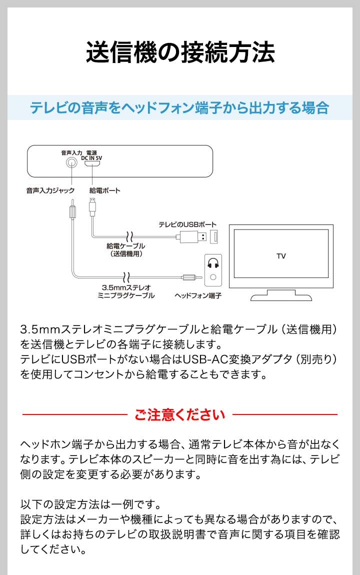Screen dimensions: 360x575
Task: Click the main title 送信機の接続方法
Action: [180, 52]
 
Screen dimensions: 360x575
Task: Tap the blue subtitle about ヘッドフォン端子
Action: [179, 108]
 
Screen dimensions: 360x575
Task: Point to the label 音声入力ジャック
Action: [50, 190]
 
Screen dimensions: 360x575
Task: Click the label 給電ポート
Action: [104, 190]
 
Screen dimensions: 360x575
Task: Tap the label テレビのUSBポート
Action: [187, 224]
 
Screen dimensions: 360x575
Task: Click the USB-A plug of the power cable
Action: [193, 237]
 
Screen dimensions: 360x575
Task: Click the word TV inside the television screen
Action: [281, 256]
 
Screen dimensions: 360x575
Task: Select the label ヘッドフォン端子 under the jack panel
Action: [198, 295]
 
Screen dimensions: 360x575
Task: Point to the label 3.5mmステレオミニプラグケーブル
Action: [126, 291]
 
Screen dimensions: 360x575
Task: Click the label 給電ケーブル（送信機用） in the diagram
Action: [125, 249]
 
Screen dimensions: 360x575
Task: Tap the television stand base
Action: [281, 296]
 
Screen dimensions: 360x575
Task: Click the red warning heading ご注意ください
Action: [179, 414]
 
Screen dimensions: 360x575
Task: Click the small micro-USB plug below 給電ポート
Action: [92, 207]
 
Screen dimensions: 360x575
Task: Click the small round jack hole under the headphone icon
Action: [213, 277]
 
